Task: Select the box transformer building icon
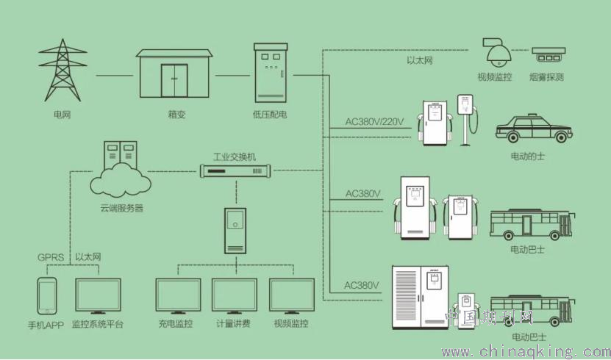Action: pos(174,74)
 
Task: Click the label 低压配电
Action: pos(269,115)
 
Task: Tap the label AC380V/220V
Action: pos(375,122)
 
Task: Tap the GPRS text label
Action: pos(51,258)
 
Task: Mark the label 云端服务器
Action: pos(122,208)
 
